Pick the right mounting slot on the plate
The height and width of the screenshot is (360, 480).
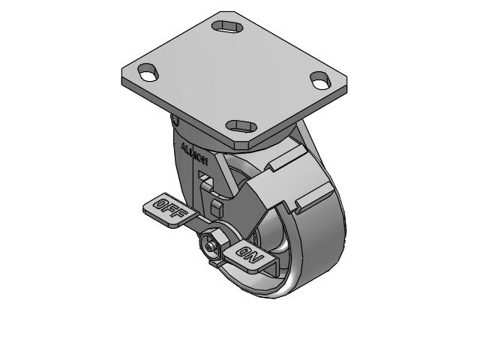pos(320,78)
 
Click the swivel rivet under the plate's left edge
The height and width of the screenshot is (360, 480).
pos(175,120)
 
